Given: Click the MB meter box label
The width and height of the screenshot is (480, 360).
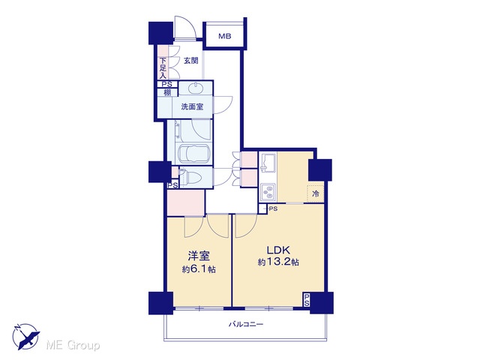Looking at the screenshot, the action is (x=225, y=37).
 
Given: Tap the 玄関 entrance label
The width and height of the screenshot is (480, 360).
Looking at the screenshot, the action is (x=191, y=61).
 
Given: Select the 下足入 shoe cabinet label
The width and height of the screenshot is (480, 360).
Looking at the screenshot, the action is (x=163, y=68).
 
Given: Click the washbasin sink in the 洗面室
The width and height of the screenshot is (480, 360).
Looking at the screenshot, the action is (x=195, y=88).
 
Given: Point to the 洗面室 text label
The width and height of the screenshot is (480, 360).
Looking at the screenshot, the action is (x=192, y=106).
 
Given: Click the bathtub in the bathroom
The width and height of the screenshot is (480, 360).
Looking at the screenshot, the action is (x=193, y=153).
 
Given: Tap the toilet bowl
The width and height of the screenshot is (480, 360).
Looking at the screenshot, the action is (x=191, y=177).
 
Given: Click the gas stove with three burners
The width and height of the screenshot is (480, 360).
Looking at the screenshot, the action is (x=268, y=192).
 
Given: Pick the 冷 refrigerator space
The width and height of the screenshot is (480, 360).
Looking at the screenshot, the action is (x=316, y=193).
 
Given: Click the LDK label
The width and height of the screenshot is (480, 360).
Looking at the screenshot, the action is (x=278, y=250).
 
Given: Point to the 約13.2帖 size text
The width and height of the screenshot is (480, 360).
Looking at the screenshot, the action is (x=278, y=262).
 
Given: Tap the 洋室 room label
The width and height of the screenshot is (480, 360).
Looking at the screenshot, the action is (x=199, y=256).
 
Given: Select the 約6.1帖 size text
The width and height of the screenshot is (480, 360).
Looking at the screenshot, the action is (x=199, y=269).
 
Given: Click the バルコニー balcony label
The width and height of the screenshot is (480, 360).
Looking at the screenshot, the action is (x=246, y=324).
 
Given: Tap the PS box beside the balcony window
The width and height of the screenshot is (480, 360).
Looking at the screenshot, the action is (x=307, y=300).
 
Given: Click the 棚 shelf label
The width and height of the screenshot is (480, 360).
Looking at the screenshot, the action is (x=167, y=92).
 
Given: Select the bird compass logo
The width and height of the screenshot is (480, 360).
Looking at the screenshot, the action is (x=25, y=336).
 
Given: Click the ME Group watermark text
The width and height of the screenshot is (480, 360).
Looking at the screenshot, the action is (x=73, y=346).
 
